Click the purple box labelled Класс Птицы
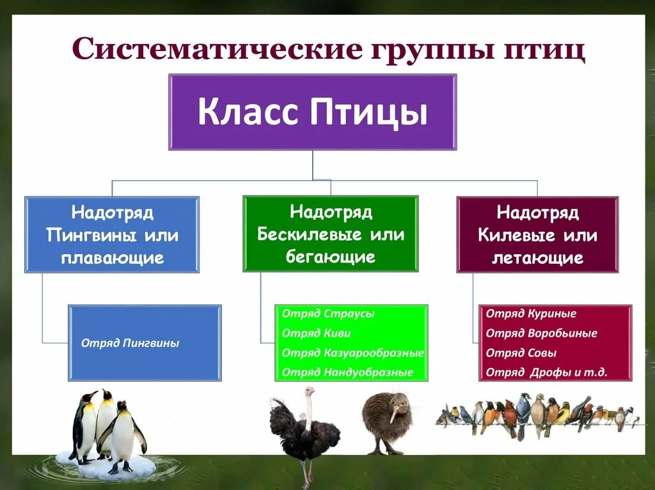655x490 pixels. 312,112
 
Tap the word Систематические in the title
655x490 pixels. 217,49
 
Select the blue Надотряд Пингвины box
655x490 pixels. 112,235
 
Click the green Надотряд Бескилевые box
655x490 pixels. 331,234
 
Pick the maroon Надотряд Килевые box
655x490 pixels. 537,235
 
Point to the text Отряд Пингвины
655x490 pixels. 130,343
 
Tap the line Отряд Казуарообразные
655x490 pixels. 352,353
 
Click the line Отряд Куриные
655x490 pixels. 531,314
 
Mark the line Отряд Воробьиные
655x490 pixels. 541,333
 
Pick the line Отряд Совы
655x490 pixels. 521,353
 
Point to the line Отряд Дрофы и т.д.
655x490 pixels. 546,372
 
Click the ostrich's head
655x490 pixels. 310,390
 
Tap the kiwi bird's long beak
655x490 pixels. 392,414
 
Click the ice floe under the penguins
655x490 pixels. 106,465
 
